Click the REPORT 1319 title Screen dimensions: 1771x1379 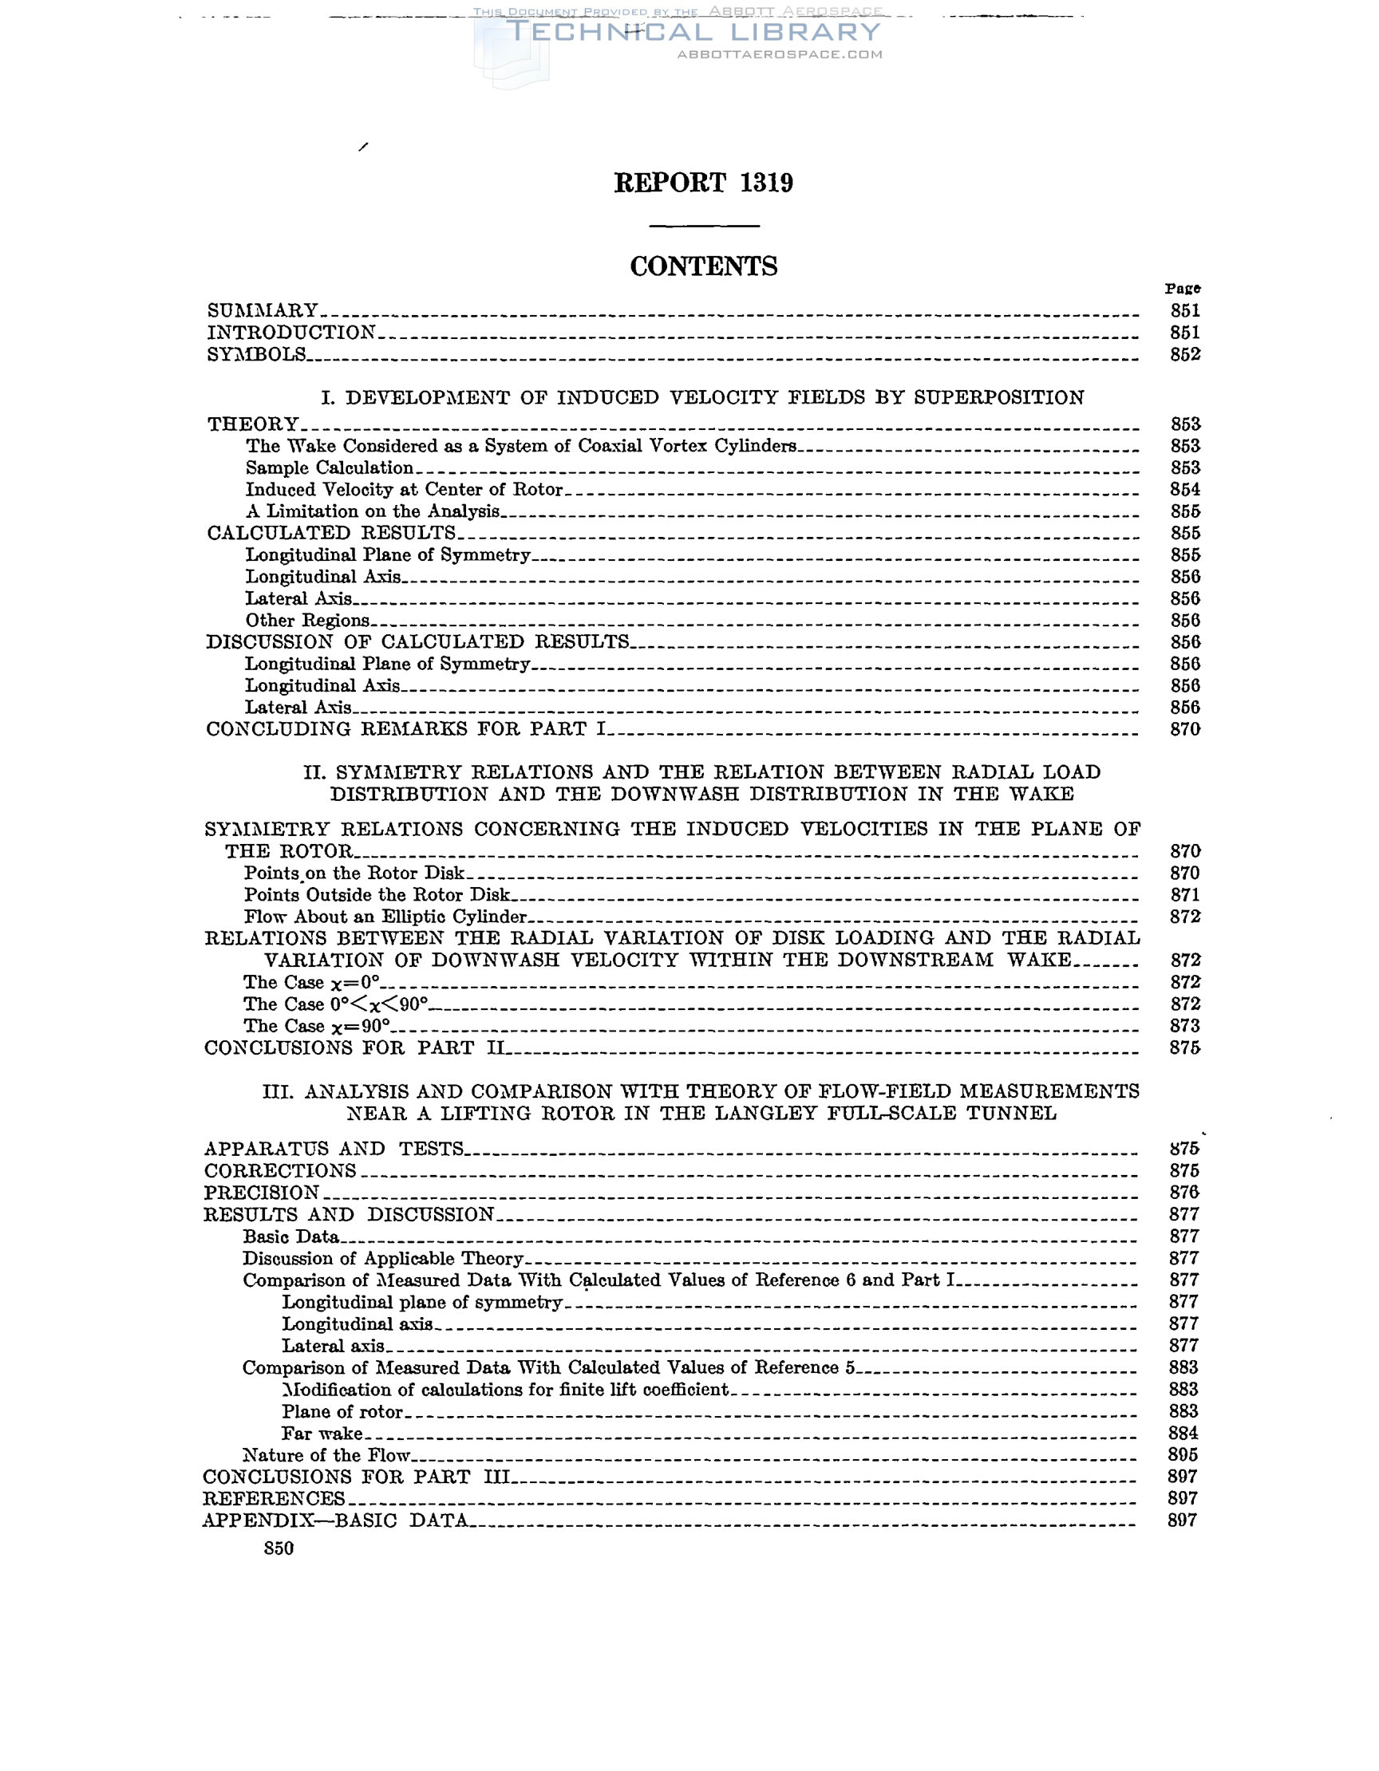(703, 183)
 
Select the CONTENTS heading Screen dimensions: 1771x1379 (703, 266)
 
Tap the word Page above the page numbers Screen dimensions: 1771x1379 (1183, 289)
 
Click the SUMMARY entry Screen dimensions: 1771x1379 (263, 310)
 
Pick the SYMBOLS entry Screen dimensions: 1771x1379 (257, 354)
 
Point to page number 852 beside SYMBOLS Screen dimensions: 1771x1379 (1184, 354)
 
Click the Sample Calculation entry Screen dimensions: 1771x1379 (330, 468)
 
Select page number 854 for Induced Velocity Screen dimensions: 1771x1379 (1184, 490)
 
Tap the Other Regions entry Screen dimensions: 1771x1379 (307, 621)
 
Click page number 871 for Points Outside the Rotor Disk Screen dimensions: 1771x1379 (1184, 895)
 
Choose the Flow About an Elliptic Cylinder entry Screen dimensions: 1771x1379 (385, 917)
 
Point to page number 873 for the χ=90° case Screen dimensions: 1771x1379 (1184, 1026)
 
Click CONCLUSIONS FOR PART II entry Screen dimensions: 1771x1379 (354, 1047)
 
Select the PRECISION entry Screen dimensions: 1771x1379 (261, 1193)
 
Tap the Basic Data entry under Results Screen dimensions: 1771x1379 (290, 1237)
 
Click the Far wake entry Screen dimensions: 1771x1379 (322, 1433)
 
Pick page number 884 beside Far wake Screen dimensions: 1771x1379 (1183, 1433)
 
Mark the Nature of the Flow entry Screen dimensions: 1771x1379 (326, 1455)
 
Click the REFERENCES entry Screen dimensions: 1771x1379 (274, 1498)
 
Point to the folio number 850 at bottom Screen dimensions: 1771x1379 (279, 1548)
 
